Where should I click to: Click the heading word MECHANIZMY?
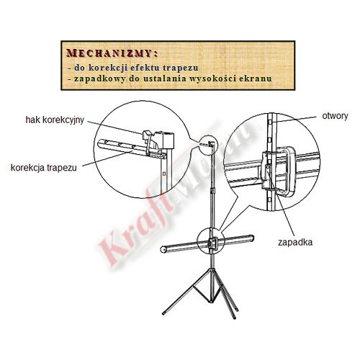(109, 53)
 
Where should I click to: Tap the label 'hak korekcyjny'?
(55, 120)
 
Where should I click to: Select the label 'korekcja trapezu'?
(44, 168)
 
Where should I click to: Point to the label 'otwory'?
(335, 116)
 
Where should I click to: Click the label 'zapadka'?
(295, 242)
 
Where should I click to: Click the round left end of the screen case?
(163, 249)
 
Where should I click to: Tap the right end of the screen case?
(252, 238)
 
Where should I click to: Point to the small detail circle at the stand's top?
(208, 145)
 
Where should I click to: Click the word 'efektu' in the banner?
(145, 68)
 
